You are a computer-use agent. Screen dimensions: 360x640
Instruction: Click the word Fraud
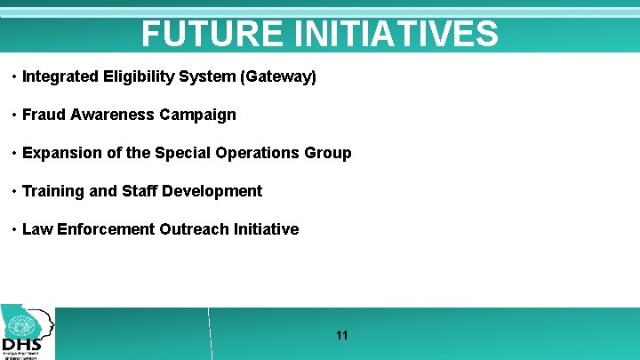click(x=42, y=115)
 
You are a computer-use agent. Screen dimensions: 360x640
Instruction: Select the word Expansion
click(x=61, y=153)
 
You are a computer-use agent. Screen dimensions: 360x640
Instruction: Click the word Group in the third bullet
click(x=331, y=153)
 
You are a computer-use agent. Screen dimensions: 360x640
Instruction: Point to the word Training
click(x=52, y=191)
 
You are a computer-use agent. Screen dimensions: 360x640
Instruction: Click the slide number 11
click(x=342, y=335)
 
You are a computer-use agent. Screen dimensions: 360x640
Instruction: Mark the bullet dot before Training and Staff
click(x=14, y=192)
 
